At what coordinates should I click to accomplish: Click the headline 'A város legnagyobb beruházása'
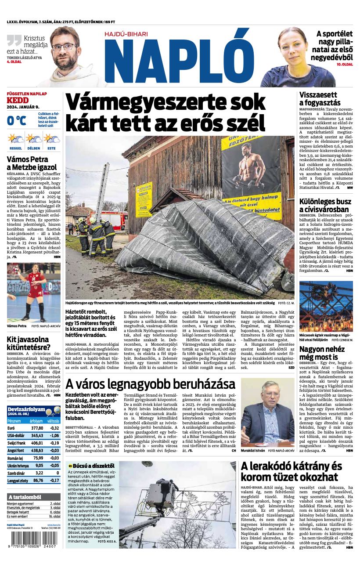click(x=150, y=384)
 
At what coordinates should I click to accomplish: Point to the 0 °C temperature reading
click(x=17, y=120)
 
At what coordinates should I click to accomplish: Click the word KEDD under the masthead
click(x=18, y=100)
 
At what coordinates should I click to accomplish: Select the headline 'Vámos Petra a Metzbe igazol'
click(x=32, y=163)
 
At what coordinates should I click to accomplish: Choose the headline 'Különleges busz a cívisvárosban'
click(x=325, y=206)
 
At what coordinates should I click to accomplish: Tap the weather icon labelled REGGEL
click(x=16, y=140)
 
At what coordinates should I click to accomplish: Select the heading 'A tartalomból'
click(x=25, y=497)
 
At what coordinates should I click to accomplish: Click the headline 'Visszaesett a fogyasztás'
click(x=320, y=99)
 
